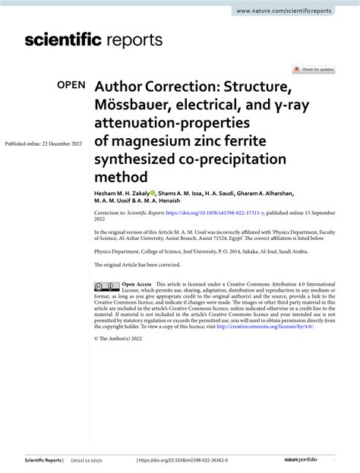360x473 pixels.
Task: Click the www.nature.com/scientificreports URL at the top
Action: tap(295, 11)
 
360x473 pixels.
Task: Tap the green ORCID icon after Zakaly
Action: tap(153, 194)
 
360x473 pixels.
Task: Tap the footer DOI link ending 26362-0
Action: tap(182, 461)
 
